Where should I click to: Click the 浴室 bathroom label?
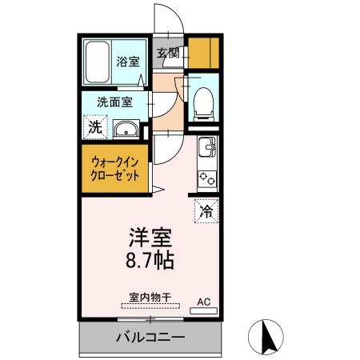[127, 61]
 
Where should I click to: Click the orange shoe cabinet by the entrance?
[203, 52]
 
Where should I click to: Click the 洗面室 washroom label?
[115, 102]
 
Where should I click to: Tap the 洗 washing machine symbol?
[94, 126]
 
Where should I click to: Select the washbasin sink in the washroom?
[125, 130]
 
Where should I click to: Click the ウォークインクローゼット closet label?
[113, 166]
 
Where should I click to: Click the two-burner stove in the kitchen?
[207, 178]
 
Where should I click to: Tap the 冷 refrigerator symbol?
[206, 211]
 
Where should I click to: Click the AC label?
[204, 302]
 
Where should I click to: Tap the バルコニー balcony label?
[149, 337]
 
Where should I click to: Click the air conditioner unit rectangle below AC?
[206, 310]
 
